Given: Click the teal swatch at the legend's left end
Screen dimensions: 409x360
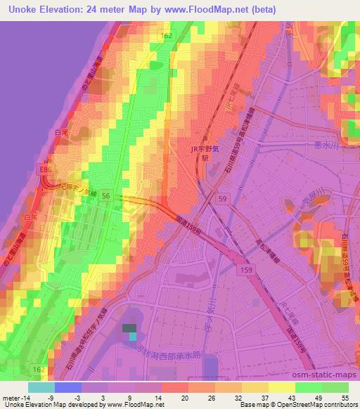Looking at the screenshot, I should [x=41, y=387].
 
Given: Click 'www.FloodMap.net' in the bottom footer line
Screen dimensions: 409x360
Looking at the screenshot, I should [x=136, y=405].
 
